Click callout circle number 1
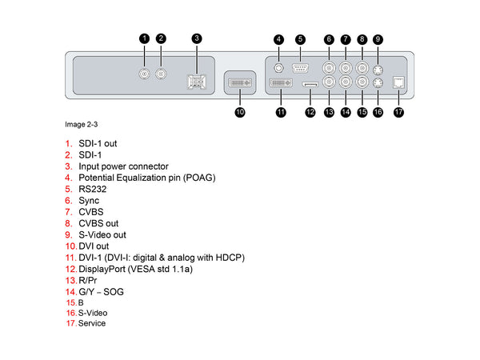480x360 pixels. pos(144,38)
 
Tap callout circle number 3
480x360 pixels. pos(197,38)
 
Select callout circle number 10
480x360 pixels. pos(240,113)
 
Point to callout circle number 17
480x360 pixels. pos(398,113)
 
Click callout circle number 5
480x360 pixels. pos(299,39)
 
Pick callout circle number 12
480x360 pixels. pos(310,113)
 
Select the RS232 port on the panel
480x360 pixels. pos(300,69)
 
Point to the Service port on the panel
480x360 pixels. pos(398,82)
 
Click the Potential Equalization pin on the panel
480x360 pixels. pos(279,69)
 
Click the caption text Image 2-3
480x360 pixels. pos(82,125)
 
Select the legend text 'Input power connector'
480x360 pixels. pos(123,166)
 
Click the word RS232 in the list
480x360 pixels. pos(92,189)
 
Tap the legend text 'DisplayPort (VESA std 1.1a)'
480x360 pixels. pos(135,269)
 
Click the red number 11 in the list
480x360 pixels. pos(71,258)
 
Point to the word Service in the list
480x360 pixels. pos(92,323)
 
